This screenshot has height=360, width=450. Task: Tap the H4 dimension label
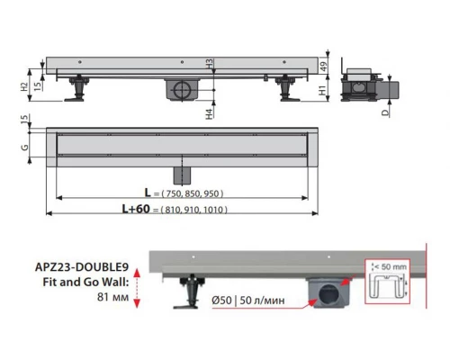(x=209, y=114)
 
